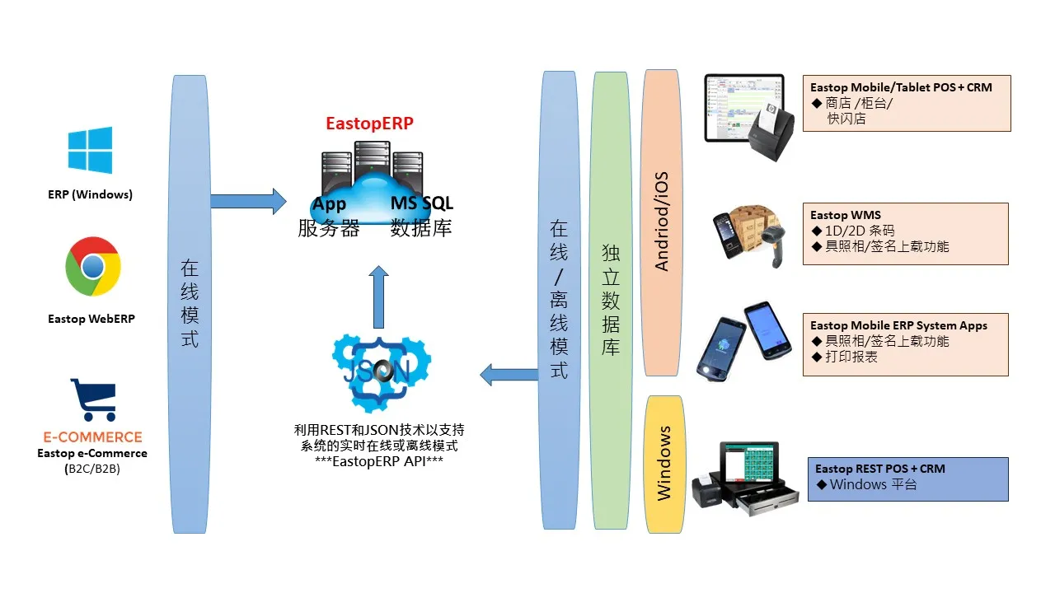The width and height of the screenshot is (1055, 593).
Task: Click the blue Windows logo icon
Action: point(90,150)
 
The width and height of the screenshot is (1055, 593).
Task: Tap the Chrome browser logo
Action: point(93,266)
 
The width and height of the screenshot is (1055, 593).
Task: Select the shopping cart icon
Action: point(92,401)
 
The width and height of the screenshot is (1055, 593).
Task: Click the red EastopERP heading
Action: point(369,124)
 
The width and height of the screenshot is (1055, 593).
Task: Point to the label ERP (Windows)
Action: point(90,194)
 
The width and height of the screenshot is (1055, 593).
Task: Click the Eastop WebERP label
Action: point(91,319)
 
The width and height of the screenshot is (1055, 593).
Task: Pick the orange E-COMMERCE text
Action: point(92,437)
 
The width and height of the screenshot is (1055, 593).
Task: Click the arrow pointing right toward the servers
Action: point(248,201)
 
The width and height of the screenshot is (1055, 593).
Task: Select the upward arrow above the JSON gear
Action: point(378,296)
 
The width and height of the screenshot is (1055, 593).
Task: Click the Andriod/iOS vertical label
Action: point(662,222)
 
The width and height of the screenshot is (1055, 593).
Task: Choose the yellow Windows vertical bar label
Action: point(664,464)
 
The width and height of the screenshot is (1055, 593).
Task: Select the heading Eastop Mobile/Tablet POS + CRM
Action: point(901,87)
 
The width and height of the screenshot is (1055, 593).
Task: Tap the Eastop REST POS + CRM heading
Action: point(879,469)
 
